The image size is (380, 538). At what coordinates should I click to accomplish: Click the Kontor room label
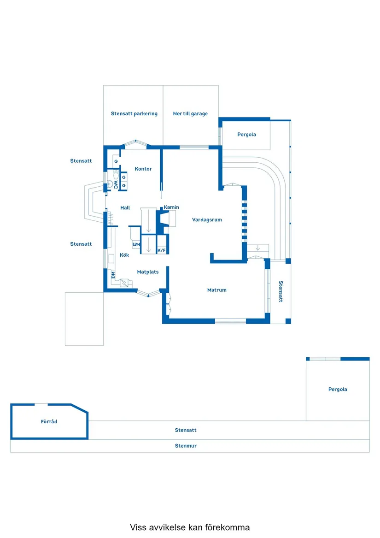click(x=143, y=169)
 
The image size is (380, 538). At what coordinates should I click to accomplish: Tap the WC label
click(x=116, y=184)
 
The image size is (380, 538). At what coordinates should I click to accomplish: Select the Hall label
click(x=125, y=208)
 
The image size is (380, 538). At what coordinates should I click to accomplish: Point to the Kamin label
click(x=171, y=207)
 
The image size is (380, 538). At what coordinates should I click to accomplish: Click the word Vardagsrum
click(x=207, y=220)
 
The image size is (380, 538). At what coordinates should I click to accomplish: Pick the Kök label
click(x=124, y=255)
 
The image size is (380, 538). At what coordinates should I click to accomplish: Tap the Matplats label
click(x=147, y=272)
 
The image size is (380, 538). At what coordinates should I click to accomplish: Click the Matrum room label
click(x=216, y=290)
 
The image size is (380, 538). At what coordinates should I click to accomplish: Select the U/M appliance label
click(x=136, y=244)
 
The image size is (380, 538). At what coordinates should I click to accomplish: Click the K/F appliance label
click(x=161, y=250)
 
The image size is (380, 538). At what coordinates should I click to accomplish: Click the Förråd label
click(x=49, y=421)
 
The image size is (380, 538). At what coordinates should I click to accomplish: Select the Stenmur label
click(x=186, y=446)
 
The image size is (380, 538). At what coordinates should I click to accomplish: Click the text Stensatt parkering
click(x=134, y=113)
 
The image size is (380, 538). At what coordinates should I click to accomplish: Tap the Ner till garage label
click(x=190, y=113)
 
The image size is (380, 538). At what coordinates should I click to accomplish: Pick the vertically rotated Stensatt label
click(x=281, y=291)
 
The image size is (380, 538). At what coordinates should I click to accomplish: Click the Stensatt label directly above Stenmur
click(x=186, y=430)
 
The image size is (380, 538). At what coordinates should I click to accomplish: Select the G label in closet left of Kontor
click(x=116, y=161)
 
